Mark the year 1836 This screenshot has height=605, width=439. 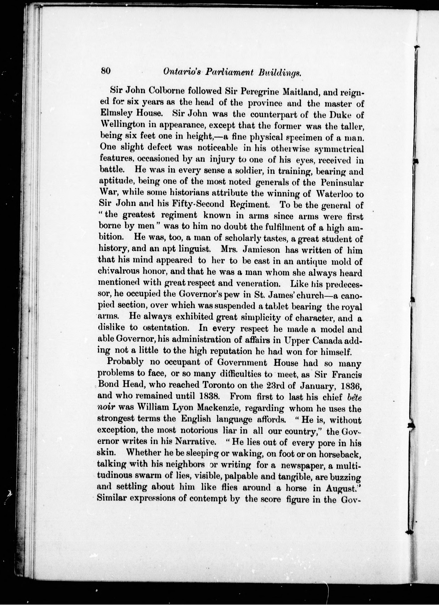[x=350, y=385]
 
